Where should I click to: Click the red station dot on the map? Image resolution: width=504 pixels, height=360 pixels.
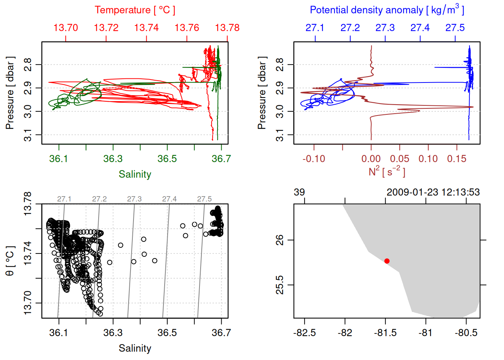click(x=387, y=261)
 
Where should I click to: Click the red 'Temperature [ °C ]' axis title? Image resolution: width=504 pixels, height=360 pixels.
click(x=135, y=10)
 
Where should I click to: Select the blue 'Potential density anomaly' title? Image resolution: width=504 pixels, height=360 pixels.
click(x=387, y=10)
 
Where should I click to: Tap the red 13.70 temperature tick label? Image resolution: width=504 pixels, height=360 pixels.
click(x=66, y=28)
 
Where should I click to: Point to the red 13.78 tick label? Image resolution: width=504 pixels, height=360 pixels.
click(x=227, y=28)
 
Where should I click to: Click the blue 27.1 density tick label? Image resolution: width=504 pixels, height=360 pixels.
click(x=315, y=28)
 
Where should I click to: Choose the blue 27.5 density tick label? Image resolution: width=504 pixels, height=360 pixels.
click(x=455, y=28)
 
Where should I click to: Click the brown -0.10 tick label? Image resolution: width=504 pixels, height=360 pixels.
click(x=314, y=159)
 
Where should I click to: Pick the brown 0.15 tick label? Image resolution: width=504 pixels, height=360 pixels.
click(x=456, y=159)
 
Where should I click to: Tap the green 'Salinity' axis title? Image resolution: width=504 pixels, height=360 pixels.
click(x=135, y=174)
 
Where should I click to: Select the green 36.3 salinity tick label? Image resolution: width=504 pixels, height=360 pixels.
click(x=113, y=159)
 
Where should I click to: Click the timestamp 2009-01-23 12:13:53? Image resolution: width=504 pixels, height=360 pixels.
click(x=433, y=192)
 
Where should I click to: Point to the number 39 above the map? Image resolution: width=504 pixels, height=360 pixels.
click(x=299, y=192)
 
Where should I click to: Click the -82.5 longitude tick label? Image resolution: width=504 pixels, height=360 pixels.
click(x=304, y=333)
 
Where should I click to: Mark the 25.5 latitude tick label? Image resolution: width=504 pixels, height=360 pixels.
click(x=280, y=285)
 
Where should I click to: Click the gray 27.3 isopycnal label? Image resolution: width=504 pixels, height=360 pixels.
click(x=134, y=199)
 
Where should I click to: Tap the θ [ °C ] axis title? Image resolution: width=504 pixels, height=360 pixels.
click(x=10, y=261)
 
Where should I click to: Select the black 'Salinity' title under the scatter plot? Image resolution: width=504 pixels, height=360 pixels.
click(x=135, y=348)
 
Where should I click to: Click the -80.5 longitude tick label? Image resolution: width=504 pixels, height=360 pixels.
click(x=466, y=333)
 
